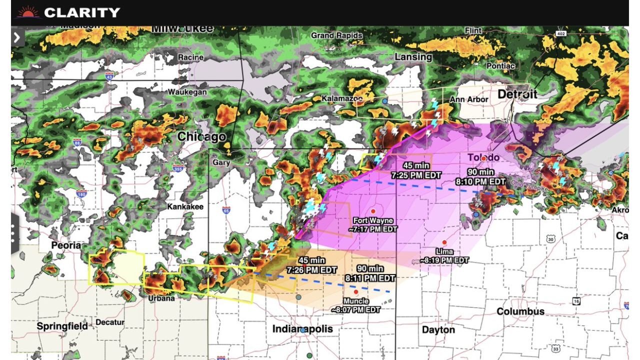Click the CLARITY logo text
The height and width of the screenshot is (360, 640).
pos(82,12)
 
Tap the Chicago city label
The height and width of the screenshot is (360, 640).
pos(201,136)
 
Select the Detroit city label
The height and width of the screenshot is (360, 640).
pos(517,94)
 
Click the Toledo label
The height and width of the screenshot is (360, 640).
pos(483,157)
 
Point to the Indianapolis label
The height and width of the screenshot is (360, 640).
pos(302,328)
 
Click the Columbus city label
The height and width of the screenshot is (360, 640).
pos(520,311)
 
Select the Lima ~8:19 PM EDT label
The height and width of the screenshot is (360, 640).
pos(444,256)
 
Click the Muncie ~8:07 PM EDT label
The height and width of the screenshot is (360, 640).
pos(355,305)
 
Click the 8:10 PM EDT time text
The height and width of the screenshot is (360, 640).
pos(480,181)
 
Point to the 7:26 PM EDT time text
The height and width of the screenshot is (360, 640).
pos(311,270)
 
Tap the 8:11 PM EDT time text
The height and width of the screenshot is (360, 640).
pos(370,278)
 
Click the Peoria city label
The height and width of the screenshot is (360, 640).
pos(66,245)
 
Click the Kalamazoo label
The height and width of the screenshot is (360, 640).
pos(341,98)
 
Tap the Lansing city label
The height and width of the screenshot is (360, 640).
pos(413,57)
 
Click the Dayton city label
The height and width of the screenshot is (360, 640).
pos(438,329)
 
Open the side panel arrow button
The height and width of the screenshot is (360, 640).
pos(17,37)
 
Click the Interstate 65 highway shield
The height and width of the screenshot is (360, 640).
pos(226,210)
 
